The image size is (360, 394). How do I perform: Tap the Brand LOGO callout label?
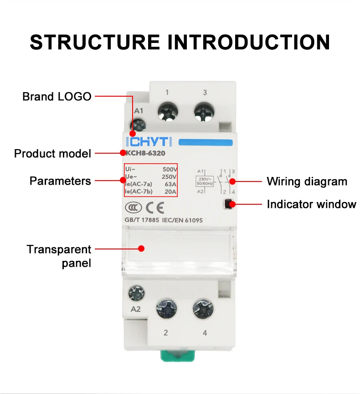click(57, 97)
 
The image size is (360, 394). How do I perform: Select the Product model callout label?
click(52, 153)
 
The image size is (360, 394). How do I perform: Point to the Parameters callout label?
click(60, 181)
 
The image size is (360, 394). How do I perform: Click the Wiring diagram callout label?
click(307, 181)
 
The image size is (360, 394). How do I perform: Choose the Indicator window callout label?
click(311, 204)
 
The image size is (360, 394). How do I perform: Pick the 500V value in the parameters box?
click(170, 169)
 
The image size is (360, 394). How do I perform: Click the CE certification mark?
click(154, 208)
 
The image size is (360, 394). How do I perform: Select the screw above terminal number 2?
click(166, 311)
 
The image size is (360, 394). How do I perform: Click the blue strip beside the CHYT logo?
click(206, 142)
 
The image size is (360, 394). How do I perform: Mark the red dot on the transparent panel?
click(141, 249)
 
